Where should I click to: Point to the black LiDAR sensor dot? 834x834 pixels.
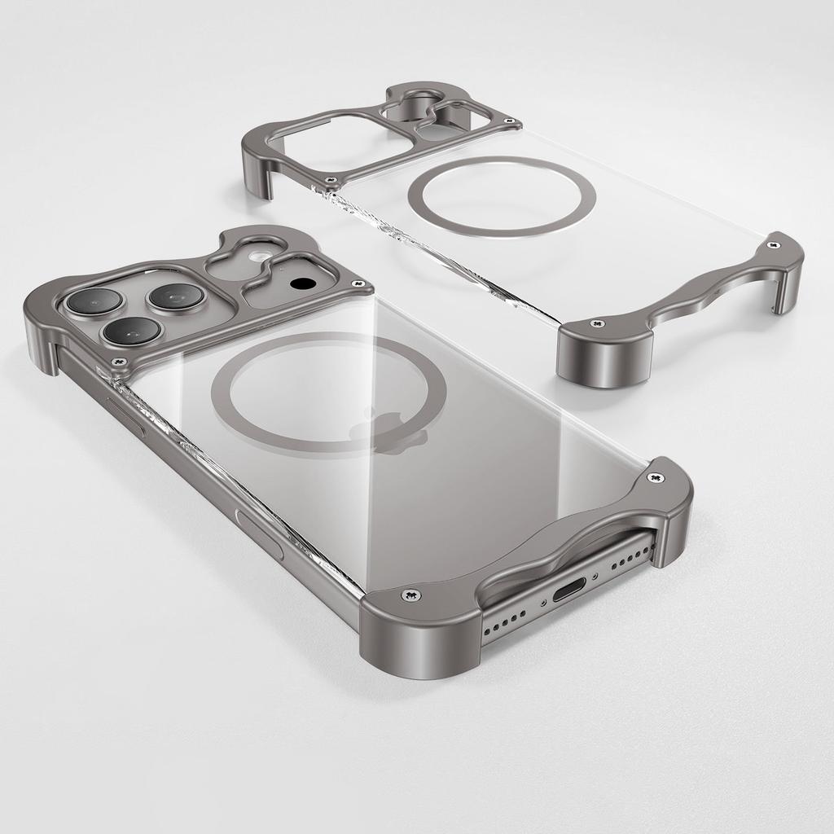coord(302,284)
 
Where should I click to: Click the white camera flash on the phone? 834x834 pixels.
coord(259,257)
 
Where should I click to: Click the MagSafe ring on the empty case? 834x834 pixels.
coord(502,196)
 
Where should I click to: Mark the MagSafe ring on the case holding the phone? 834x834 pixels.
coord(328,393)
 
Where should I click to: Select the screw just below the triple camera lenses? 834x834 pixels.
coord(121,359)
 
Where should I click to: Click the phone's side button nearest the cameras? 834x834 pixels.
coord(126,415)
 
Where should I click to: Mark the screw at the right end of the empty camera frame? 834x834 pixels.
coord(511,123)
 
